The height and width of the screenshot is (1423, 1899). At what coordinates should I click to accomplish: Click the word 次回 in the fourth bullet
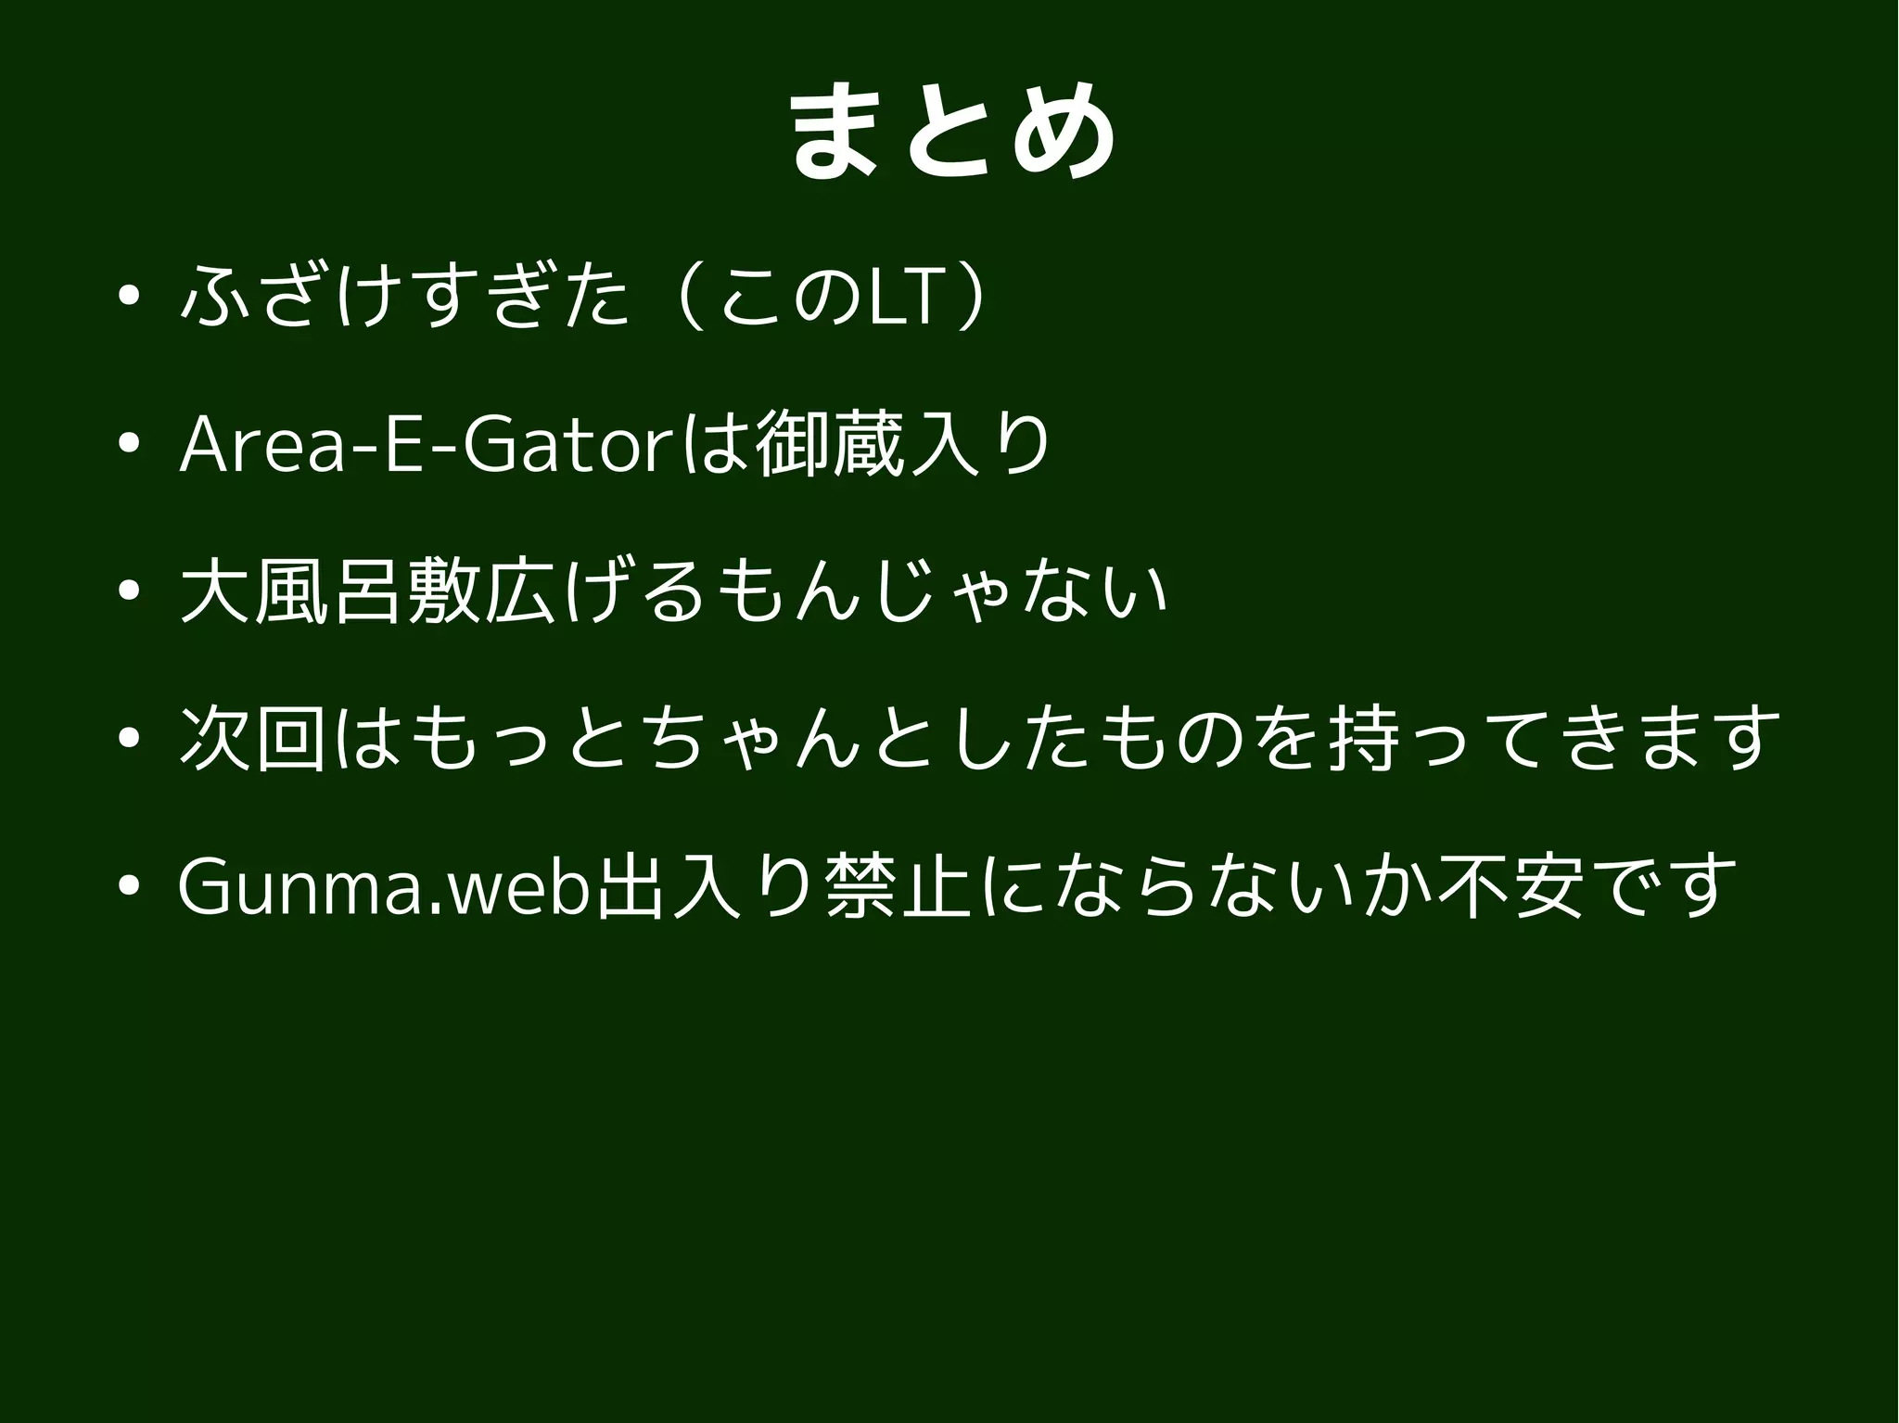coord(252,739)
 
